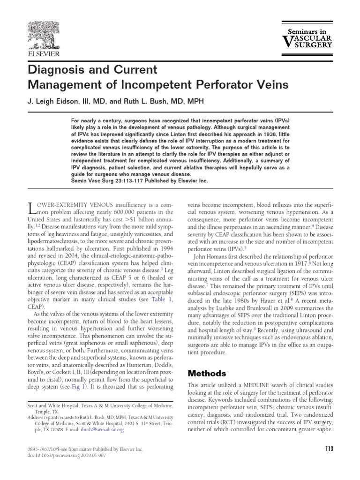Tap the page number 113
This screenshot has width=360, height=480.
pos(329,449)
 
